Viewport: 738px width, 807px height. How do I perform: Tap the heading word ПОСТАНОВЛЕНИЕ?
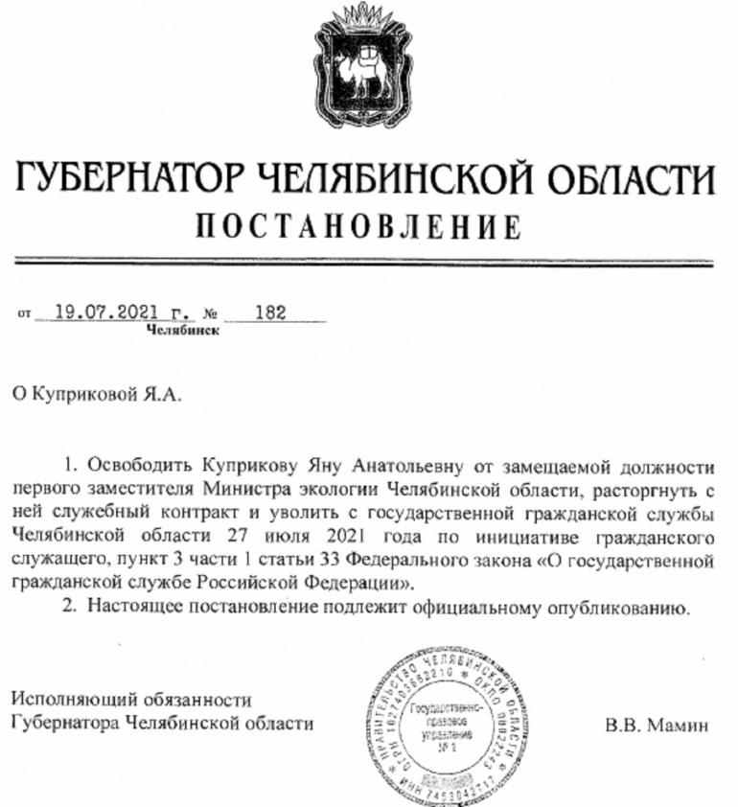(x=359, y=226)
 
